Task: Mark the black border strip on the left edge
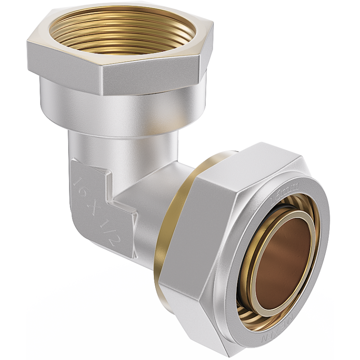pyautogui.click(x=13, y=180)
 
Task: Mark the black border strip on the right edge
pyautogui.click(x=347, y=180)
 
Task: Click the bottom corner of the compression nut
pyautogui.click(x=225, y=351)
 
